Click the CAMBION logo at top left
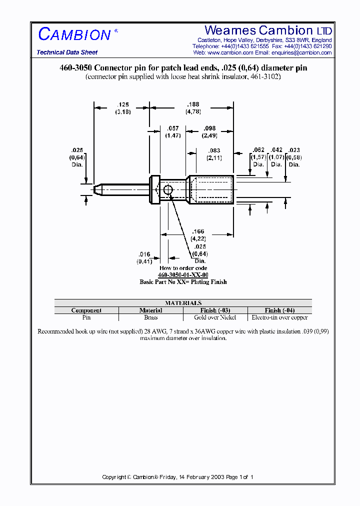(x=75, y=34)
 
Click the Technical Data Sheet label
(x=67, y=52)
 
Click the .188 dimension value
(x=193, y=105)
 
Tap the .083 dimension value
(x=213, y=151)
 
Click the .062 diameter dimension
(x=258, y=150)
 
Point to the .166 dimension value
(x=198, y=231)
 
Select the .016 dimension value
(x=144, y=254)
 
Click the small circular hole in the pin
(x=168, y=189)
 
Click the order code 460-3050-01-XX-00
(x=183, y=275)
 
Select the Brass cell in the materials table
(x=150, y=317)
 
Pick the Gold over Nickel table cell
(x=215, y=317)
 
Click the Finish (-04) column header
(x=279, y=310)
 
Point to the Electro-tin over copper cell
(x=279, y=317)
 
